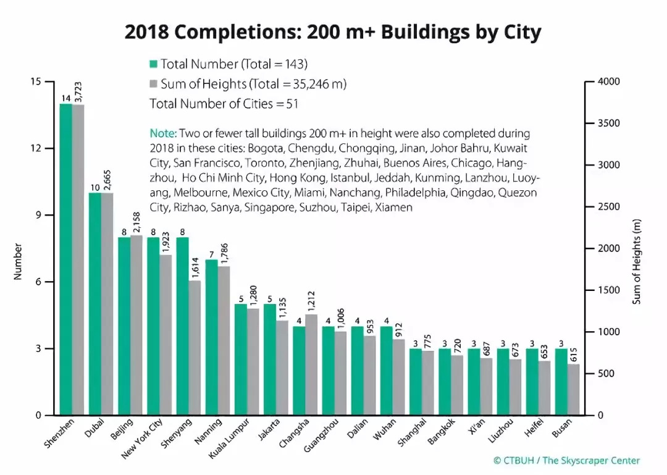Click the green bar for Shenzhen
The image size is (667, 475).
(65, 259)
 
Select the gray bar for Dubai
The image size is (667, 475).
(107, 304)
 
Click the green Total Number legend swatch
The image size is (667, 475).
(154, 64)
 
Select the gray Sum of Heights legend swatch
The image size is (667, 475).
(154, 84)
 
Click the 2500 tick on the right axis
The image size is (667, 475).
(608, 207)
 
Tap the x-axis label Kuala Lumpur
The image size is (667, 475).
(229, 439)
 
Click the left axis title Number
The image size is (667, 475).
(18, 261)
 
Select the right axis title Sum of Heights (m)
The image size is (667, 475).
(637, 261)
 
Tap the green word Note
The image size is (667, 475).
(163, 133)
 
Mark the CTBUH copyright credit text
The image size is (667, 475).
(566, 460)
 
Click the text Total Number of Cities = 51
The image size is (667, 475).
(224, 104)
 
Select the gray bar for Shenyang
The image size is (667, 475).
(195, 348)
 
